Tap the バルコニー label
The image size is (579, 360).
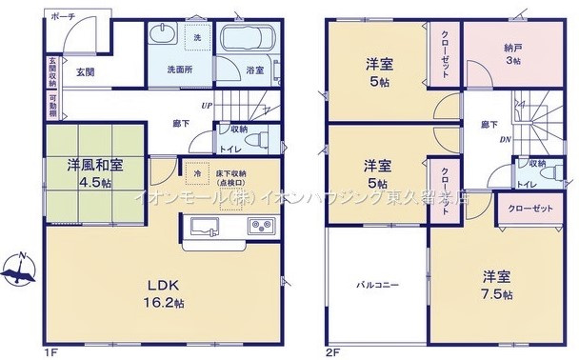377,285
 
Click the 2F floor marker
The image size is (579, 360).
332,349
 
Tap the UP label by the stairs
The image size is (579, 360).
206,106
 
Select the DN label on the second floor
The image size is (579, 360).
505,138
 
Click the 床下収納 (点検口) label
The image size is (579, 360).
233,177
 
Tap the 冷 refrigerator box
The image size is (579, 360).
198,175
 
